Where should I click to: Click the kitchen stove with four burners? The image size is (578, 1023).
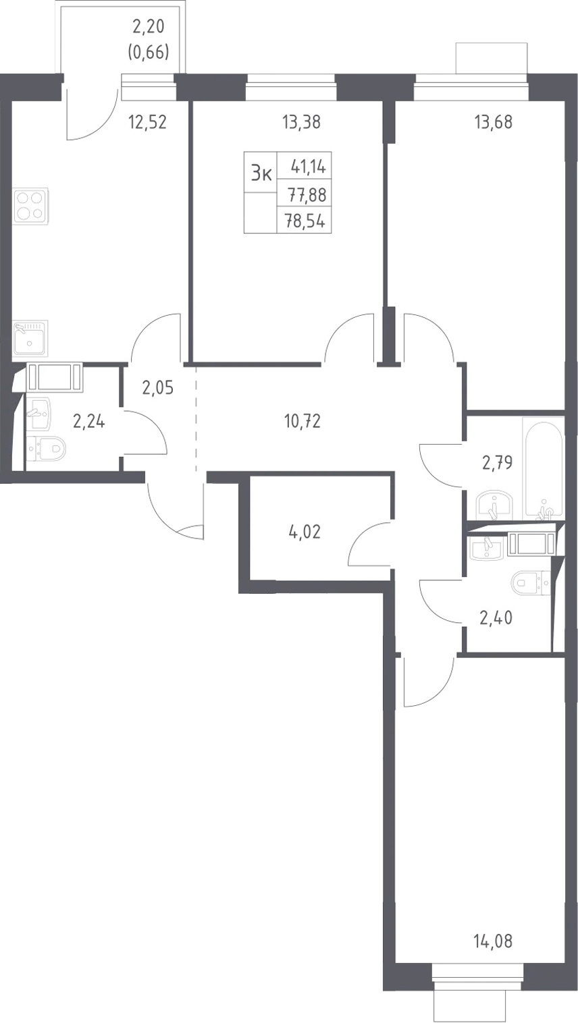30,206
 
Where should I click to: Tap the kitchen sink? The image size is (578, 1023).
30,338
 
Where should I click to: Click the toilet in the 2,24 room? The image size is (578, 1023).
46,449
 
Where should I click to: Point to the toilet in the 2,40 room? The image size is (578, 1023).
531,584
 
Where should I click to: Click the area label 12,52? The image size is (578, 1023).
148,122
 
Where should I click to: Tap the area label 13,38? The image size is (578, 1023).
302,122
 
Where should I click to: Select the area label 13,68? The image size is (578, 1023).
494,122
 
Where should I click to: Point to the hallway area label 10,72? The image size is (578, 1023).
302,421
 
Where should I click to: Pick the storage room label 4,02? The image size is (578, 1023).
305,532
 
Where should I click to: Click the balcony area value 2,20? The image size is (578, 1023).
148,28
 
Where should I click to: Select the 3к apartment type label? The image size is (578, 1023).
261,173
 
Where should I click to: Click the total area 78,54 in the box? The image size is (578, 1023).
305,221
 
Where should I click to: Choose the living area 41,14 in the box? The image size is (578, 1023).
308,167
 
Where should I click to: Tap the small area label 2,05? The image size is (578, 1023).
158,388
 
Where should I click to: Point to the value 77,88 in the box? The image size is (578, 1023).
307,195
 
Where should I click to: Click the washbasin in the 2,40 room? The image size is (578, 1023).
487,546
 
